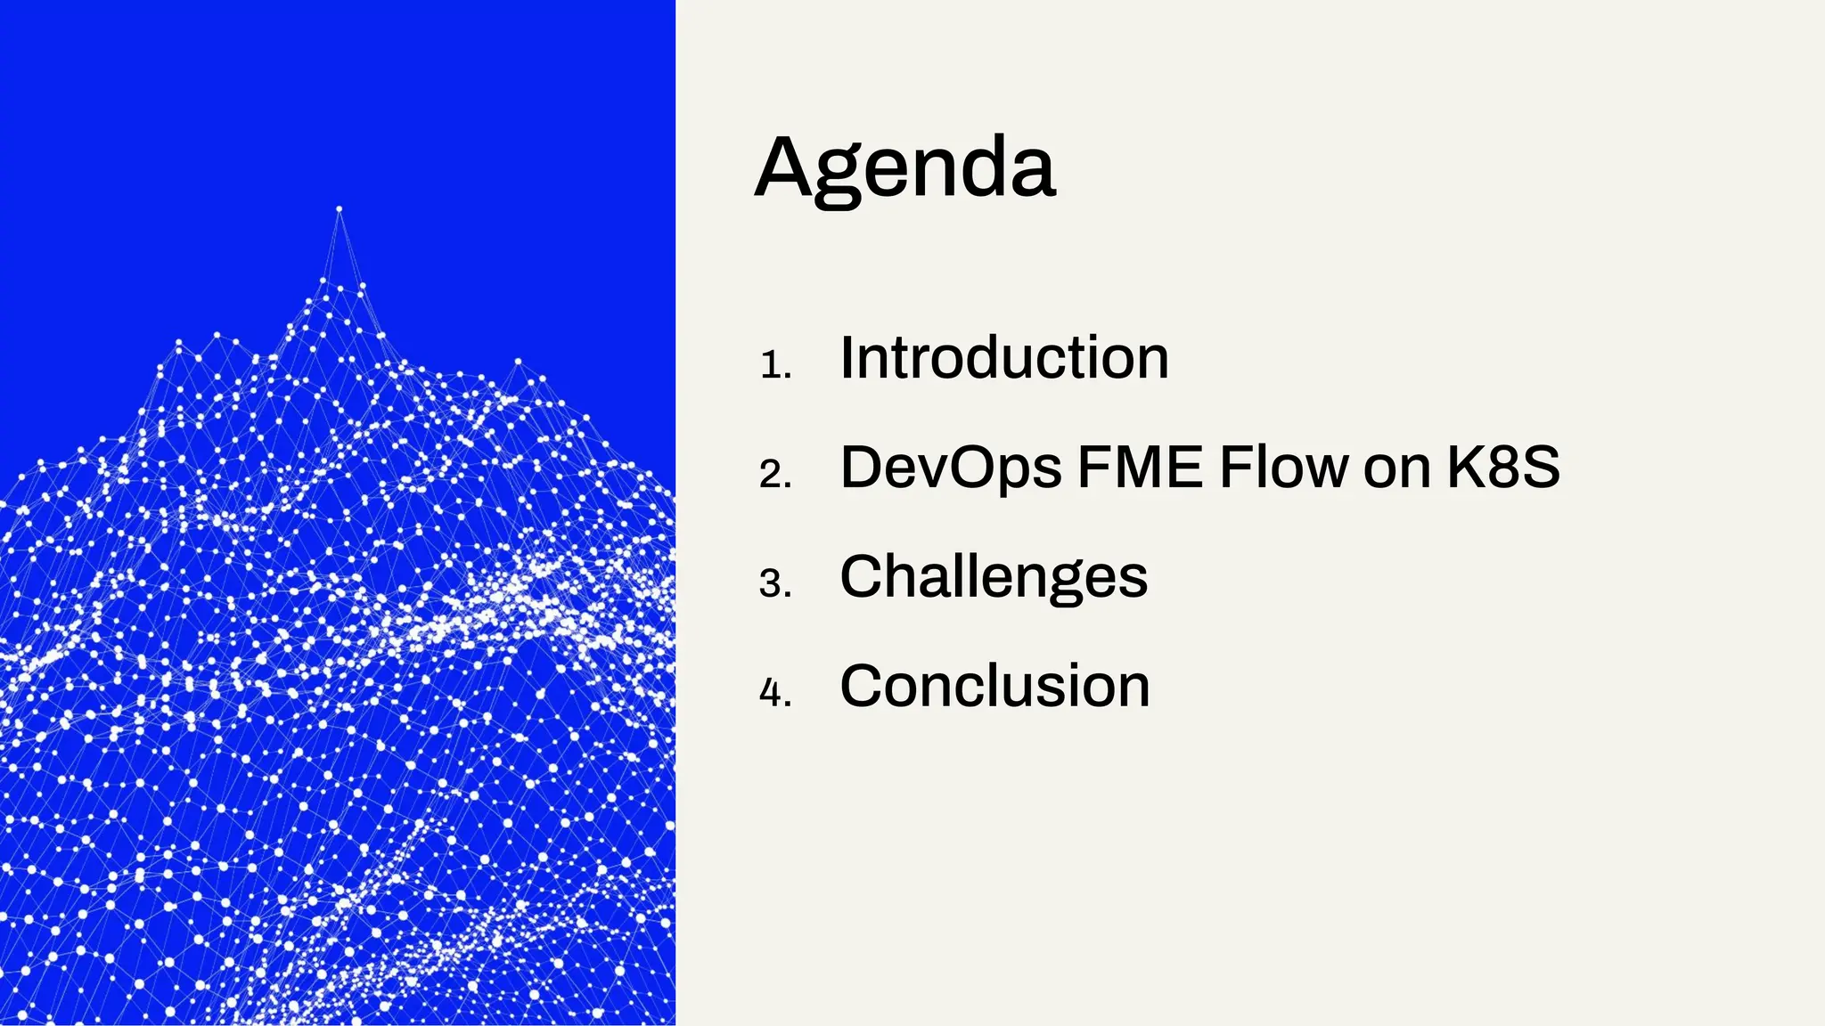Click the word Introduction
pos(1003,358)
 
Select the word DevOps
pos(950,468)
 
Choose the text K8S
pos(1502,467)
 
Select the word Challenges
pos(993,577)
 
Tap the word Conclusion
pos(994,687)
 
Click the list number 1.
pos(774,365)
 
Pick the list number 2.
pos(774,475)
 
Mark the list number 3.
pos(774,584)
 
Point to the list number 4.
pos(774,694)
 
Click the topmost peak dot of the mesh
pos(339,209)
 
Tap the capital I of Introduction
pos(847,358)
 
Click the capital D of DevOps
pos(864,467)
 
